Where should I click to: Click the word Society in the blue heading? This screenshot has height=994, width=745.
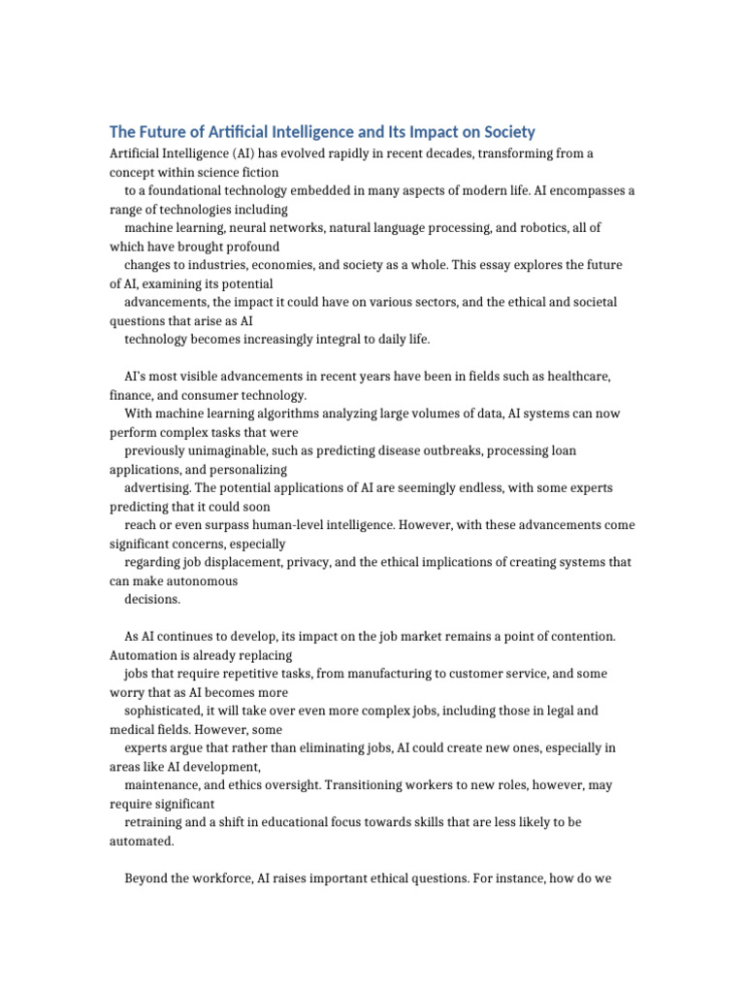[x=507, y=132]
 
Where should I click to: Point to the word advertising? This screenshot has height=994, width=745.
[x=158, y=487]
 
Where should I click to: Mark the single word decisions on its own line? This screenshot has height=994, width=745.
[x=152, y=600]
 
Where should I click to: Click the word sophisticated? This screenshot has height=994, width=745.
[x=165, y=711]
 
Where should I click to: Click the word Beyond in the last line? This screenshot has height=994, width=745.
[x=147, y=878]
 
